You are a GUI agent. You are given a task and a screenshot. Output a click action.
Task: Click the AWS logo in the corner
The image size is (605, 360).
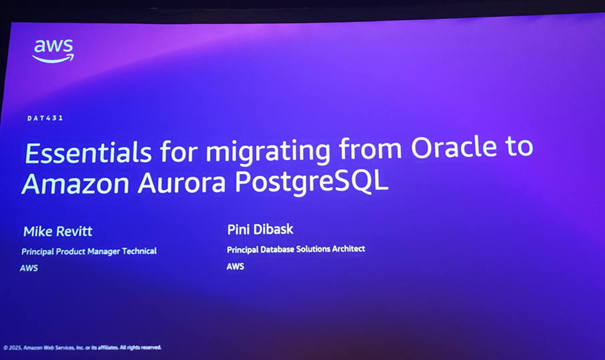[53, 51]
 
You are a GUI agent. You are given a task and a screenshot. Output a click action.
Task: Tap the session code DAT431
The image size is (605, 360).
[45, 118]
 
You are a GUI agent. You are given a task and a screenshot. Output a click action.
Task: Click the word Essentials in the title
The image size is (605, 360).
[88, 153]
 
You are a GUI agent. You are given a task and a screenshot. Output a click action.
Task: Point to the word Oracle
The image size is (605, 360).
[454, 147]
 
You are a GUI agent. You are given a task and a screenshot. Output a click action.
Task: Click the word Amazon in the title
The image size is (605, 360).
[75, 184]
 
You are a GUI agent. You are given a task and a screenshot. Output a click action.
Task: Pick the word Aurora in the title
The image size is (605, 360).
[181, 183]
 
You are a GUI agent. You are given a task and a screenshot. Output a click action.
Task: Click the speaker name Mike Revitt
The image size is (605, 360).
[57, 231]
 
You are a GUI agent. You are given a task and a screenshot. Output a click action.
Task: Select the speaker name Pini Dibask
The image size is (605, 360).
[260, 229]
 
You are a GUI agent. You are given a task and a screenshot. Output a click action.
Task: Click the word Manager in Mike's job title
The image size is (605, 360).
[103, 251]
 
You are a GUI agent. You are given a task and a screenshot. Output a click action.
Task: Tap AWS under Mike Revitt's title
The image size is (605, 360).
[29, 268]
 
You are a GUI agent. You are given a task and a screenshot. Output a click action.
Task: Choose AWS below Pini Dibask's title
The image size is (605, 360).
[235, 267]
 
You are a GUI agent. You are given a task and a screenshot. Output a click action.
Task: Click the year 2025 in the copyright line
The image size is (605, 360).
[15, 347]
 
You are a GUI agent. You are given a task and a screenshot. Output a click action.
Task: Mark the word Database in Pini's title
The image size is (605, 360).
[277, 249]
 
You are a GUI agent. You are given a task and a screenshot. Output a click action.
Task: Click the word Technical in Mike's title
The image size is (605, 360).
[139, 251]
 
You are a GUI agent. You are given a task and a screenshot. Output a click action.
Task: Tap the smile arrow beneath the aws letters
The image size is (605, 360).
[53, 59]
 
